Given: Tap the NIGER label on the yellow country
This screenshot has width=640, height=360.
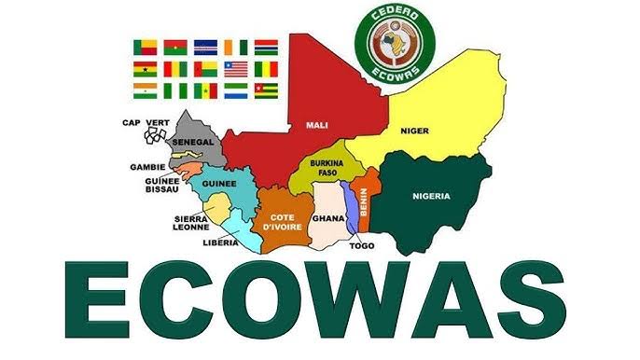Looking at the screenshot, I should coord(414,131).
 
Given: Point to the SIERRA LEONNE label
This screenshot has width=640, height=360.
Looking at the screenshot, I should coord(190,223).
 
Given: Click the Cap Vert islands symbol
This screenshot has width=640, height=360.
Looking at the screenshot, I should coord(154,137).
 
